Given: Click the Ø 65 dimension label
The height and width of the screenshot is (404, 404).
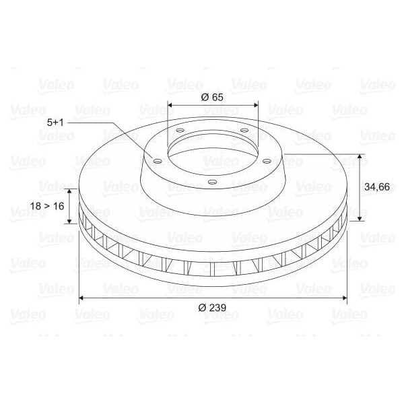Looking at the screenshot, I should pos(212,97).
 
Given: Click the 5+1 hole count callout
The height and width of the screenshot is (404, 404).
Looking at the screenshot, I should pos(55,123).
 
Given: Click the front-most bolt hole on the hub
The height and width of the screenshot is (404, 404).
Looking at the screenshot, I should pos(211,182).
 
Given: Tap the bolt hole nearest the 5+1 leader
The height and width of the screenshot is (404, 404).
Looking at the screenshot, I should pos(157,162).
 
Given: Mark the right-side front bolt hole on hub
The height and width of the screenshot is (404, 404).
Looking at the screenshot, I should pos(267,161).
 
